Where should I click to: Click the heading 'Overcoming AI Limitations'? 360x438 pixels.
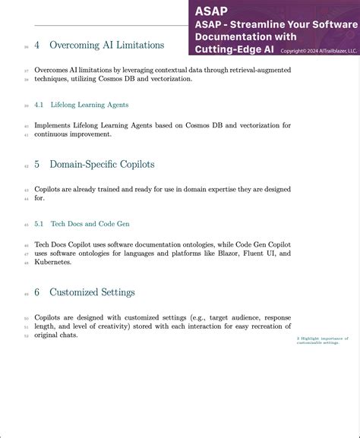(x=106, y=45)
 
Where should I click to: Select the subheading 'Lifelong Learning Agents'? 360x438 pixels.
(x=90, y=105)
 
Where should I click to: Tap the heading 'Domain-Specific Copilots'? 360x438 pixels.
(x=102, y=164)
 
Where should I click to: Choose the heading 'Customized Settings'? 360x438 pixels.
(x=92, y=292)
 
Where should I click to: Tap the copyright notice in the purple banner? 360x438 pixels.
(x=319, y=51)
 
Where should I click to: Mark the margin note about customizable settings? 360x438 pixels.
(x=322, y=340)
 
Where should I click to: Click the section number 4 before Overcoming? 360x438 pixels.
(x=37, y=45)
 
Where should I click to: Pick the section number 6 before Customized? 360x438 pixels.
(x=37, y=292)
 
